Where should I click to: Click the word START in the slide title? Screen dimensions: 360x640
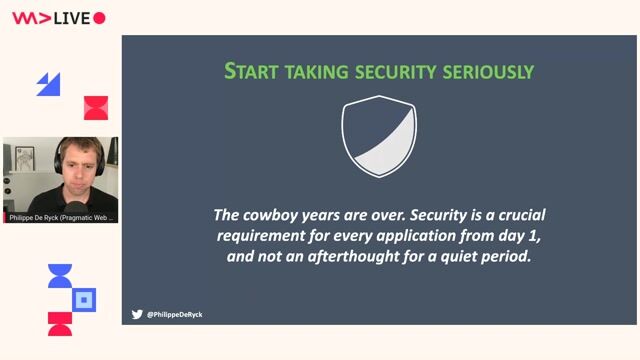(x=247, y=72)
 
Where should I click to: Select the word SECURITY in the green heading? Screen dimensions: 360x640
(x=383, y=72)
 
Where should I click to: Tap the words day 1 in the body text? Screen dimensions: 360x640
(x=519, y=235)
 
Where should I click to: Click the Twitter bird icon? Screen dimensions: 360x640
(x=137, y=314)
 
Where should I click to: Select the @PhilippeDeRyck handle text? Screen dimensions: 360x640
(x=175, y=314)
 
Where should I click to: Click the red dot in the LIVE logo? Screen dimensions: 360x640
(x=99, y=18)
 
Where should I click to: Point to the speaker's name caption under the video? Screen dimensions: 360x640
(x=60, y=217)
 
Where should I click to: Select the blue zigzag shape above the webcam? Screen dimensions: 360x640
(x=48, y=84)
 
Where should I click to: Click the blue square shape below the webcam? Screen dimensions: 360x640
(x=85, y=298)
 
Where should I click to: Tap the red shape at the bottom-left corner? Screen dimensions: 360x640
(x=60, y=323)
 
